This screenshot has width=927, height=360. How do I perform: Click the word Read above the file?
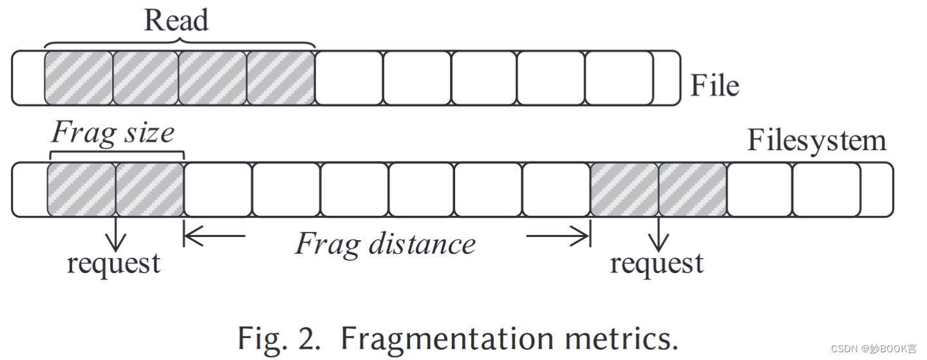coord(176,21)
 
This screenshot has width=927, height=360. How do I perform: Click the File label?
coord(715,86)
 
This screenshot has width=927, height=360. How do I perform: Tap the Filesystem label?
coord(816,141)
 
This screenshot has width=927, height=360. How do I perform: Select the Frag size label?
coord(113,133)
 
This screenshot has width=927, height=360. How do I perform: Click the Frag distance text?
coord(385,244)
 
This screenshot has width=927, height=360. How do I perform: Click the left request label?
coord(113,263)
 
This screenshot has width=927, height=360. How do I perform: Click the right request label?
coord(657,263)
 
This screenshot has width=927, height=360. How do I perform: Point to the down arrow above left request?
coord(116,235)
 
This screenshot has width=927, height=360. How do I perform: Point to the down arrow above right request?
coord(658,235)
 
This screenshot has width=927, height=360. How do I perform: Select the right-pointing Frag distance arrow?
coord(557,236)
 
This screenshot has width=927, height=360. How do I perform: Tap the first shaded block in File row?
coord(79,78)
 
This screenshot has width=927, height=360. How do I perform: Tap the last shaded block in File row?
coord(280,78)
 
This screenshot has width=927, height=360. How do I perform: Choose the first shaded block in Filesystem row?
coord(81,189)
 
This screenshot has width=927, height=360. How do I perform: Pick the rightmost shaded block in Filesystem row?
coord(692,189)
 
